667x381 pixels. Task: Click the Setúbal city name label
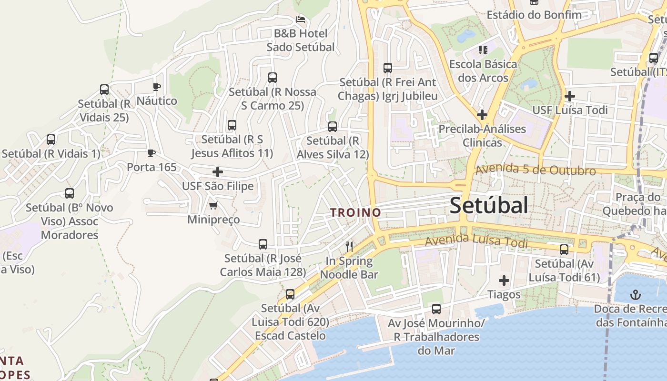click(x=489, y=205)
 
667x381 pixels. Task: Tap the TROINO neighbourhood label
click(x=356, y=212)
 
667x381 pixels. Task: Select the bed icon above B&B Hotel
click(x=301, y=20)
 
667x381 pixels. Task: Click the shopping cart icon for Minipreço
click(x=213, y=206)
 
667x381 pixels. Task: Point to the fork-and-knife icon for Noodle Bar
click(x=349, y=246)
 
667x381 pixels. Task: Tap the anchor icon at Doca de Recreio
click(x=635, y=294)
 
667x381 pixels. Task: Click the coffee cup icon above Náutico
click(x=156, y=87)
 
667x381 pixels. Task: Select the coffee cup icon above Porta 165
click(x=152, y=153)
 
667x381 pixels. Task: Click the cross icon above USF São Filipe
click(x=218, y=172)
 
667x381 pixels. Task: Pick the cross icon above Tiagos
click(x=504, y=281)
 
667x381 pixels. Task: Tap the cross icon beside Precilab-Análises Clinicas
click(x=482, y=115)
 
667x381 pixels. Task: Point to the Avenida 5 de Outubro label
click(x=536, y=170)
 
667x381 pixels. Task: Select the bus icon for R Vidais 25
click(x=104, y=90)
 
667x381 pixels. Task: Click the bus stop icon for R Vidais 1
click(x=51, y=140)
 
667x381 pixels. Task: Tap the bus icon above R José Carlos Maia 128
click(x=263, y=244)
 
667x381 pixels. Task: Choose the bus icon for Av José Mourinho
click(x=436, y=309)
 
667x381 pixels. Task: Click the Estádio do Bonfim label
click(x=534, y=15)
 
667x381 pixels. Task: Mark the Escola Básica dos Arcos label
click(x=483, y=70)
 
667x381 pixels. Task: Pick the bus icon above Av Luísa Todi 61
click(x=564, y=250)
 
